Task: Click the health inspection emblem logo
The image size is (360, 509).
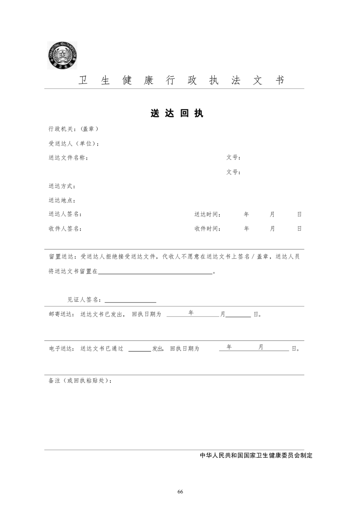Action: tap(62, 55)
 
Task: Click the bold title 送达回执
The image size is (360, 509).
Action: tap(177, 113)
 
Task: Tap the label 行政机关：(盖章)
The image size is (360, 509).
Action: tap(74, 129)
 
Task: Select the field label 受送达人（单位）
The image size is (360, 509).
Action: tap(74, 144)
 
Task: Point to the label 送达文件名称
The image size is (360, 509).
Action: tap(68, 158)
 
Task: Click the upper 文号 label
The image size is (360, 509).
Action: tap(233, 158)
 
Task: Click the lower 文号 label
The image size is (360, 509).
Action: tap(233, 172)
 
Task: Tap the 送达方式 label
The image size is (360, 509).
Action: tap(62, 186)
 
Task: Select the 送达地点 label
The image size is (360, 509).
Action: tap(62, 201)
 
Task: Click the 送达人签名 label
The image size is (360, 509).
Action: tap(65, 214)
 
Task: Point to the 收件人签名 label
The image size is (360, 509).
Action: tap(65, 229)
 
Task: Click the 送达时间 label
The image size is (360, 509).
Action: tap(207, 214)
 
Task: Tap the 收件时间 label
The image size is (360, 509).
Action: tap(207, 229)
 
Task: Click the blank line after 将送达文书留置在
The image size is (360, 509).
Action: tap(155, 273)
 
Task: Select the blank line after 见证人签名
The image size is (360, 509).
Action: tap(130, 301)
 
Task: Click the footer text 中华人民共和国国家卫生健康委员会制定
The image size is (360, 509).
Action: tap(256, 455)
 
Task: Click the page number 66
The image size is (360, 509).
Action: tap(180, 492)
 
